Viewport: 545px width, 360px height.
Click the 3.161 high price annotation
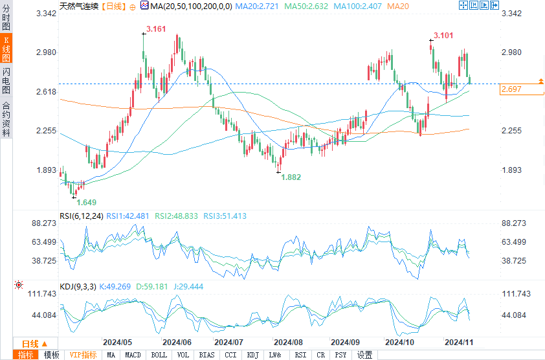point(156,29)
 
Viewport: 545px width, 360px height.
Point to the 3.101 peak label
point(443,35)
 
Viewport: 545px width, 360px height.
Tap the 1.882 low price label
point(291,177)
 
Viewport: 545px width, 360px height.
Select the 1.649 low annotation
point(87,202)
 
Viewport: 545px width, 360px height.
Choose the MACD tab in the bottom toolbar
point(133,355)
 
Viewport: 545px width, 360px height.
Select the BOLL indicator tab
point(159,355)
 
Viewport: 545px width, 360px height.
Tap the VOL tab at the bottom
point(183,355)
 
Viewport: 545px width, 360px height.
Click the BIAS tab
point(206,355)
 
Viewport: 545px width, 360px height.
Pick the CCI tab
point(230,355)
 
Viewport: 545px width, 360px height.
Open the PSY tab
point(340,355)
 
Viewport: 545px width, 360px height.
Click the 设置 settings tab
point(365,355)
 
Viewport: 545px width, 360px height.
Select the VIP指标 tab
point(83,355)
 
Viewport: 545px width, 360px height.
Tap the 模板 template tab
point(52,355)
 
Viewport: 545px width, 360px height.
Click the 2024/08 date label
point(288,342)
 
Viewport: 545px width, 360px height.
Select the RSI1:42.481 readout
point(128,216)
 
